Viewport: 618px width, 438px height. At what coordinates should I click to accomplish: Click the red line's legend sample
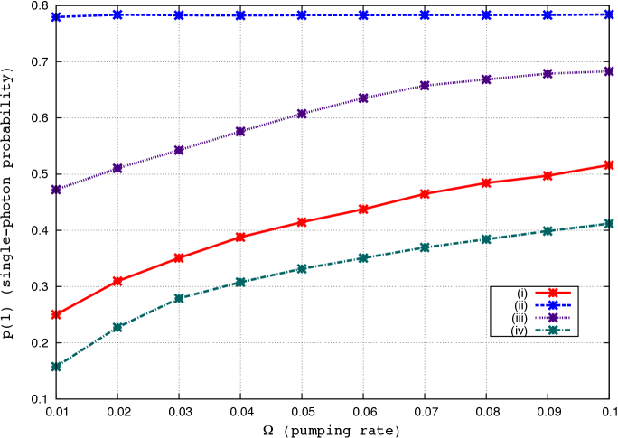pyautogui.click(x=553, y=293)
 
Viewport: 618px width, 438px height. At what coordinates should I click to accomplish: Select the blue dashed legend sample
pyautogui.click(x=553, y=305)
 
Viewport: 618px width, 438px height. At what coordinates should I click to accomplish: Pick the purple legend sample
pyautogui.click(x=553, y=317)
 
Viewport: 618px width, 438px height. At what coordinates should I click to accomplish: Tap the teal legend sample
pyautogui.click(x=553, y=330)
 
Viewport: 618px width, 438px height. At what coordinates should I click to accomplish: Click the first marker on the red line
pyautogui.click(x=56, y=314)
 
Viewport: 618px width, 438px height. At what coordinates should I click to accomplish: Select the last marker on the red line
pyautogui.click(x=609, y=165)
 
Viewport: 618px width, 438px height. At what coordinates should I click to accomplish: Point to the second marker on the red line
pyautogui.click(x=117, y=281)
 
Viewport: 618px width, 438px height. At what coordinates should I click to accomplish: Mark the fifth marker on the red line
pyautogui.click(x=302, y=222)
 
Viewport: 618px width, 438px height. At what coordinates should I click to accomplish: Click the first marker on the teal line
pyautogui.click(x=56, y=367)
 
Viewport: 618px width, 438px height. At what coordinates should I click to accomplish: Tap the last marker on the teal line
pyautogui.click(x=609, y=223)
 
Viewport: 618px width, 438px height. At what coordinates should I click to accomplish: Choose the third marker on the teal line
pyautogui.click(x=179, y=298)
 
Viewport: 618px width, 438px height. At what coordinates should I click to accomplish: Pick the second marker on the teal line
pyautogui.click(x=117, y=327)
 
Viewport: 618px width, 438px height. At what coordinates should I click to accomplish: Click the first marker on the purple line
pyautogui.click(x=56, y=190)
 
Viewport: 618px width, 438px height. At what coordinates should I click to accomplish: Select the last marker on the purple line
pyautogui.click(x=609, y=71)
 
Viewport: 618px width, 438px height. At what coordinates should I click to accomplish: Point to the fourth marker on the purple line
pyautogui.click(x=240, y=132)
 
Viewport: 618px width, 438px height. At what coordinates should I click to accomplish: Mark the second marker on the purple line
pyautogui.click(x=117, y=168)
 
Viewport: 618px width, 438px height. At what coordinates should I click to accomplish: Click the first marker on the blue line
pyautogui.click(x=56, y=17)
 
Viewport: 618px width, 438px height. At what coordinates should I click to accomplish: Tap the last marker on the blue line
pyautogui.click(x=609, y=14)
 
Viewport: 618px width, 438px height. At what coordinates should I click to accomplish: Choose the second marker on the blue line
pyautogui.click(x=117, y=14)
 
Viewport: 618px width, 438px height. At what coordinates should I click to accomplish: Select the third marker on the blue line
pyautogui.click(x=179, y=15)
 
